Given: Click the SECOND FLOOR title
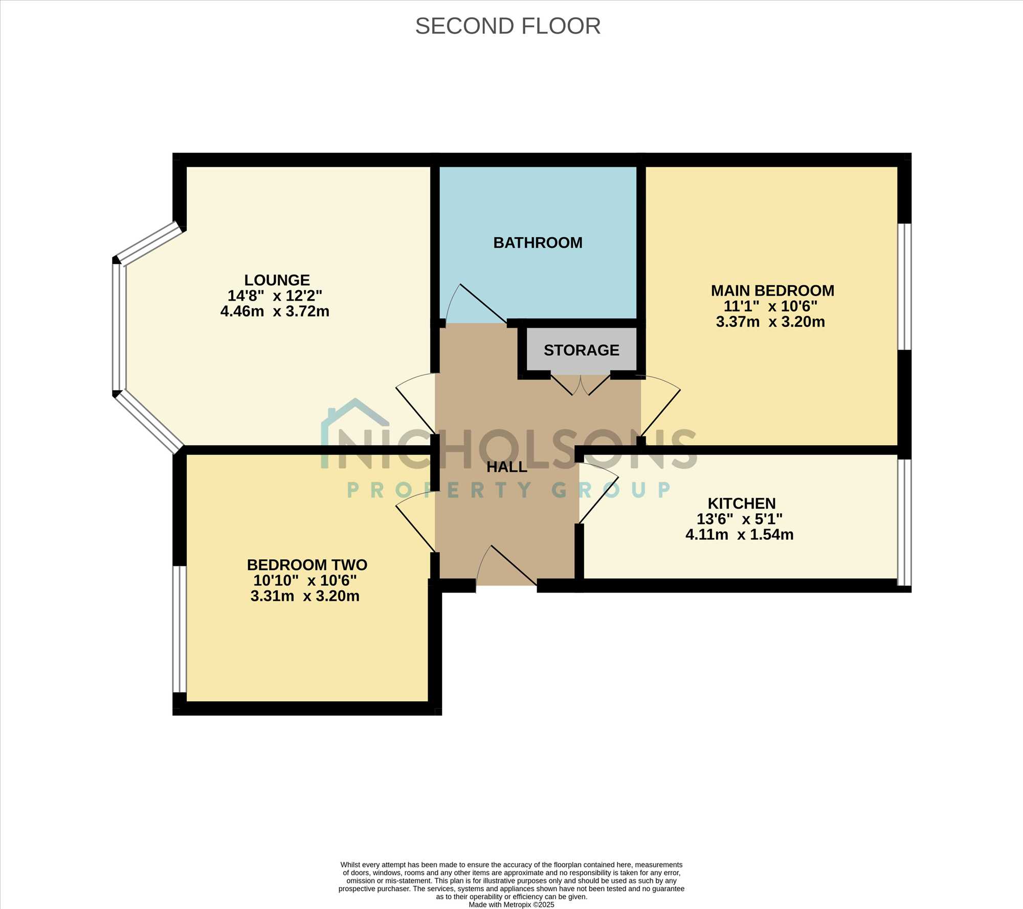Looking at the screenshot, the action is [508, 26].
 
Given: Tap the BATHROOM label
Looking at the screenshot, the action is [538, 242].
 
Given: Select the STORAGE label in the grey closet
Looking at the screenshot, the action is [582, 350].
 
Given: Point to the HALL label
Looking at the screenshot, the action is [506, 467].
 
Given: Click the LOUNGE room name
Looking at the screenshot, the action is [277, 280].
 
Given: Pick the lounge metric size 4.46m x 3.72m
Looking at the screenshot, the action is [275, 311].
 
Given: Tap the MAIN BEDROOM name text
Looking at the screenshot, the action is [772, 291].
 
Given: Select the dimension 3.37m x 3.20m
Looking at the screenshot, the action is [770, 322].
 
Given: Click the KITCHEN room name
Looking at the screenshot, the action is [742, 504].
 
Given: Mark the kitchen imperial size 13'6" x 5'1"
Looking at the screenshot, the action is [740, 519].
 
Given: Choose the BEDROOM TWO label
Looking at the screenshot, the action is [307, 565].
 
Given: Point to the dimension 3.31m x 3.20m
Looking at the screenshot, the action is [305, 596].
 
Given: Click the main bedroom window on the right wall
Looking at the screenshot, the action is [904, 286].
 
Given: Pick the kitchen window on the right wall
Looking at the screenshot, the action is [904, 522].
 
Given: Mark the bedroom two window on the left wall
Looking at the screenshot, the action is [179, 629].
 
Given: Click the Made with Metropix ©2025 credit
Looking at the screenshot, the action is [511, 904].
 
